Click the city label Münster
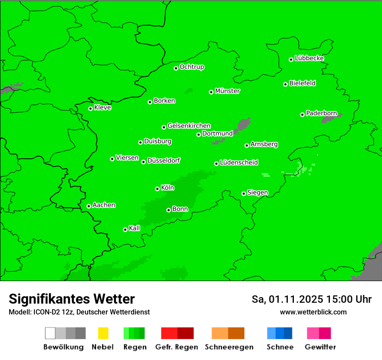[x=227, y=91]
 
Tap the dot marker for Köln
[x=157, y=189]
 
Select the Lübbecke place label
[x=309, y=58]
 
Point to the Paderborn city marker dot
[x=302, y=115]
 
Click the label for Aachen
[x=104, y=205]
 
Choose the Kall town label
[x=135, y=228]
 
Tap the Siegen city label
[x=257, y=193]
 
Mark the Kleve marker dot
[x=90, y=108]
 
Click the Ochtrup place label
[x=192, y=67]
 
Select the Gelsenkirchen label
[x=189, y=126]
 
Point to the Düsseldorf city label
[x=164, y=160]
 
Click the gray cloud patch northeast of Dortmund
[x=243, y=124]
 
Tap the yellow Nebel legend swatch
[x=103, y=333]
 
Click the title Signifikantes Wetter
[x=72, y=299]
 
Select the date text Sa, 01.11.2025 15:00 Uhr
[x=311, y=299]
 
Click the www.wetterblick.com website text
[x=313, y=312]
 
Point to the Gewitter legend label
[x=320, y=347]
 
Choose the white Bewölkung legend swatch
[x=50, y=333]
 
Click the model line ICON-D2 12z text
[x=79, y=312]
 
